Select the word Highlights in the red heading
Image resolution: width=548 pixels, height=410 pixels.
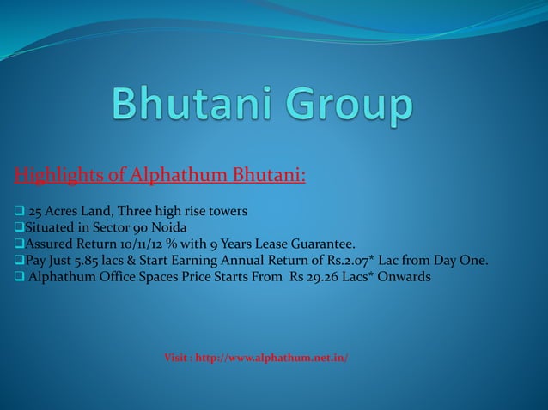(x=59, y=177)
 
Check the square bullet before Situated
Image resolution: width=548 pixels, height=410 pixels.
(x=19, y=229)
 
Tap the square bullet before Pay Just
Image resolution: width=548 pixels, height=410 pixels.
(x=19, y=262)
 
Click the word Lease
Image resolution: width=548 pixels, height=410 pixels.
(x=265, y=244)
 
